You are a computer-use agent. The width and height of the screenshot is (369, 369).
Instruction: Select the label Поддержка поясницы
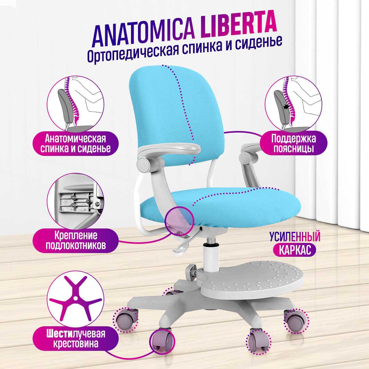tap(293, 143)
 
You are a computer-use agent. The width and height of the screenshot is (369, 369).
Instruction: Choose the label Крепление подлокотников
tap(76, 240)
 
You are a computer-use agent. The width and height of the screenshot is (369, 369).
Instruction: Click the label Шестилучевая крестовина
tap(76, 338)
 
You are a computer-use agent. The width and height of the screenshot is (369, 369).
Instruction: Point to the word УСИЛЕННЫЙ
tap(295, 237)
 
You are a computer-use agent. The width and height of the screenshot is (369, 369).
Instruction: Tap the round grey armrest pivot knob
tap(144, 165)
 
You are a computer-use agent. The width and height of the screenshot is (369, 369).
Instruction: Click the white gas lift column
tap(211, 259)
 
